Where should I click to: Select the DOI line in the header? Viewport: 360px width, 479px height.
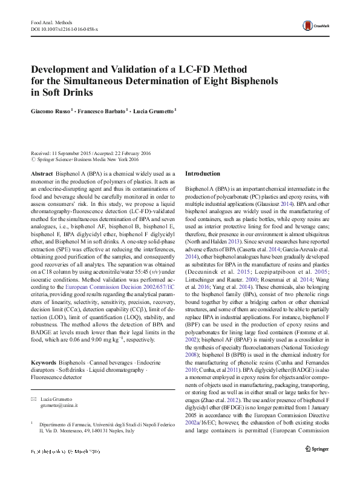pos(64,29)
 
